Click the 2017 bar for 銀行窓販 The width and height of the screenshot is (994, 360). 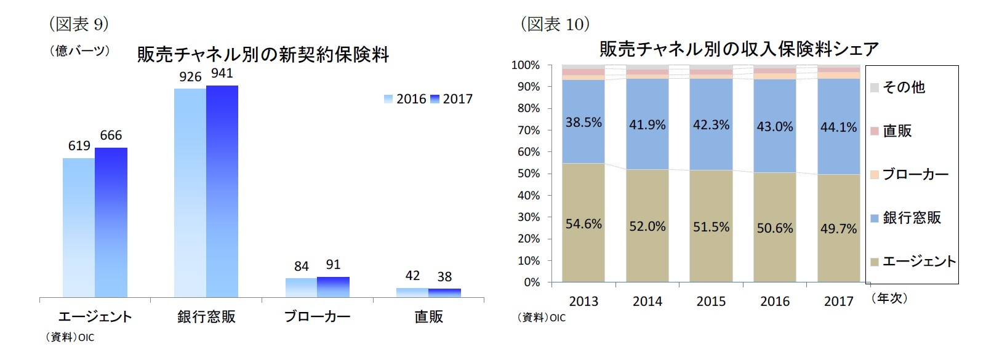[222, 191]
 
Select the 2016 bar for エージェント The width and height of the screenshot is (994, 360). [79, 228]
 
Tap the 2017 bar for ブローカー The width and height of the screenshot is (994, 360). [333, 287]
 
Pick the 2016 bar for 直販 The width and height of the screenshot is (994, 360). [412, 293]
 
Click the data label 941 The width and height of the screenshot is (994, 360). [222, 73]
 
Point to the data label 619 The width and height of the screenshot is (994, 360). [79, 146]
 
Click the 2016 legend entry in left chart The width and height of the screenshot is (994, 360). [405, 99]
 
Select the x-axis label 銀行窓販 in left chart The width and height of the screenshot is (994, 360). [206, 317]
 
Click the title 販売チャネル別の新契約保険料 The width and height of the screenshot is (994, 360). [263, 55]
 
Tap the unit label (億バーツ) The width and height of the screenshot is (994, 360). [79, 51]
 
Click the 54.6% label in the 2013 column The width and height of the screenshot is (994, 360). [583, 224]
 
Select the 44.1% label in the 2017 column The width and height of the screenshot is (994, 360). [838, 127]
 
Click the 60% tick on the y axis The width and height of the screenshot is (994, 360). [528, 152]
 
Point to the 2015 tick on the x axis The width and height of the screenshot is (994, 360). [711, 302]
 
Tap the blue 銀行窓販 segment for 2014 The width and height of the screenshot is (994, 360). [647, 148]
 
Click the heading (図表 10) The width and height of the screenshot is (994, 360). [555, 24]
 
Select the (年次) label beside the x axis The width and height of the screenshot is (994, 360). [889, 298]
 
